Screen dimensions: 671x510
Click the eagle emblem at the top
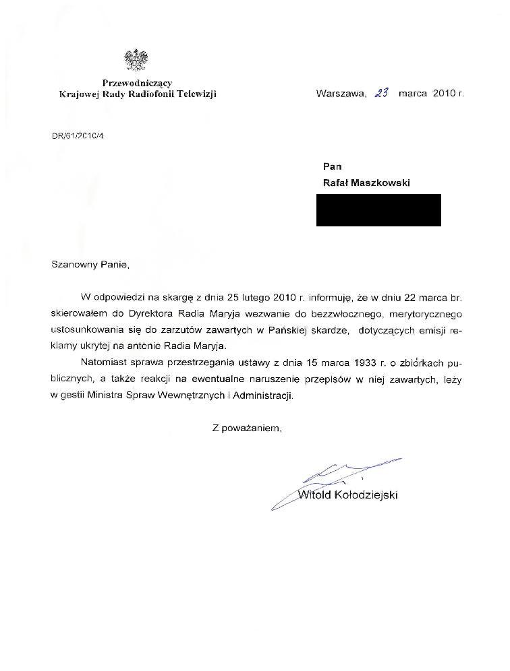click(x=136, y=61)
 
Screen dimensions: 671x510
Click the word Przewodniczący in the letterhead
click(x=138, y=84)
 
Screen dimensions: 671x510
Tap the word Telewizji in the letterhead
click(x=196, y=94)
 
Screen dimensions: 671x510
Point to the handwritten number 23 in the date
click(x=382, y=94)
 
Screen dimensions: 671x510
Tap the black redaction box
click(x=378, y=210)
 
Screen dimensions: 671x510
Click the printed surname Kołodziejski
click(x=366, y=496)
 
